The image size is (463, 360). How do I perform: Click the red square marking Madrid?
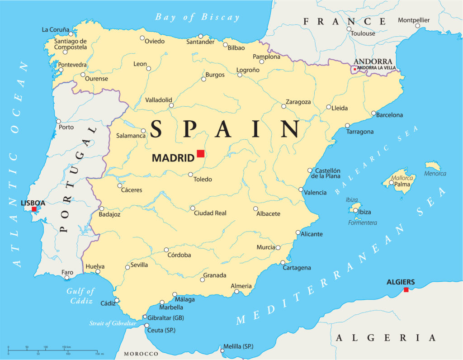tap(200, 153)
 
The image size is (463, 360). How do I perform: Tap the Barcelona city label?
tap(389, 115)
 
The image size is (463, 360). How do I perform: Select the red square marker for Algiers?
tap(406, 289)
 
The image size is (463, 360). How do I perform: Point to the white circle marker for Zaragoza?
tap(284, 106)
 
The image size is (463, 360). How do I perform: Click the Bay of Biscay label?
tap(197, 17)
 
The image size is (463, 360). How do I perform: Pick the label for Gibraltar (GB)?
tap(166, 317)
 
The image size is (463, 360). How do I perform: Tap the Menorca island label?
tap(435, 174)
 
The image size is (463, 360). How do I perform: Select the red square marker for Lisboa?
tap(34, 209)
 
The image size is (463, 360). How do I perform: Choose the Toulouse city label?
tap(363, 33)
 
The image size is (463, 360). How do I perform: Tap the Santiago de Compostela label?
tap(70, 44)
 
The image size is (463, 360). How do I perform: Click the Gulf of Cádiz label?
tap(80, 296)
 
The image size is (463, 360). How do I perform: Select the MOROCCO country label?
tap(141, 354)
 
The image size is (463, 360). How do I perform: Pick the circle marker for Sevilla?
tap(128, 267)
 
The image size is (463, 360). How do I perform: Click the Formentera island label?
tap(362, 223)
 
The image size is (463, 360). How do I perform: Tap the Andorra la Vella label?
tap(376, 68)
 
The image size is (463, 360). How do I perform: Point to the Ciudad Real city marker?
tap(193, 208)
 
